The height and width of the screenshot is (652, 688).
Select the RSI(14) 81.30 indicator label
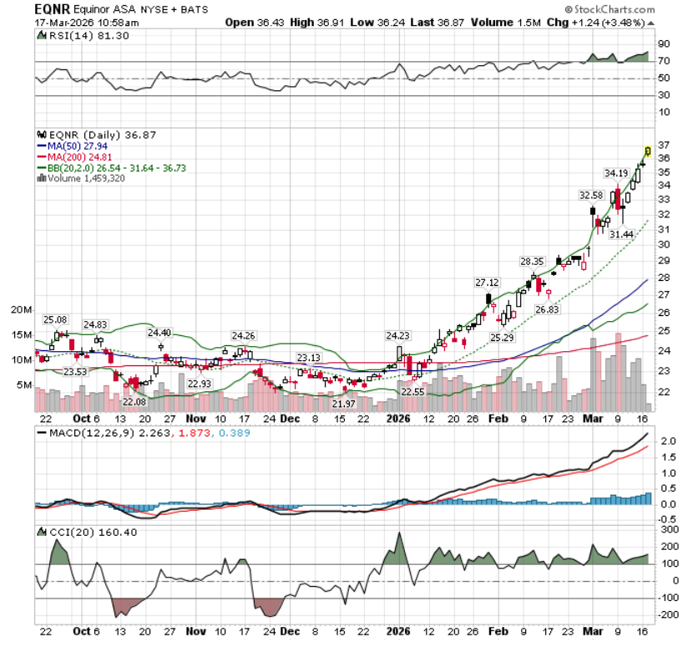pos(68,36)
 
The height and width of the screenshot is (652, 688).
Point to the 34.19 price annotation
pos(616,173)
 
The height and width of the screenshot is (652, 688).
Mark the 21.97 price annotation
pos(343,404)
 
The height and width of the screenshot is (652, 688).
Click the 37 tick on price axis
pos(664,143)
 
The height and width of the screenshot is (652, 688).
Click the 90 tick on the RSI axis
pos(664,44)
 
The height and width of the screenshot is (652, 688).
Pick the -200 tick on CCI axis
pos(667,614)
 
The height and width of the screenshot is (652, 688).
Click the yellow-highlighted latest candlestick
pos(648,151)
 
